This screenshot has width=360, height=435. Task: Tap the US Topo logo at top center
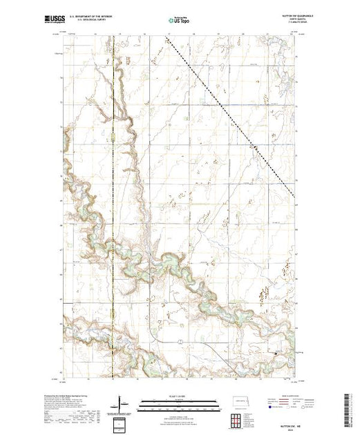pos(179,21)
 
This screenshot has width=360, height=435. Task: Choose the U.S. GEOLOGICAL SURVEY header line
pos(98,20)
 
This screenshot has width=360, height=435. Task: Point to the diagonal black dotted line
pos(228,110)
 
